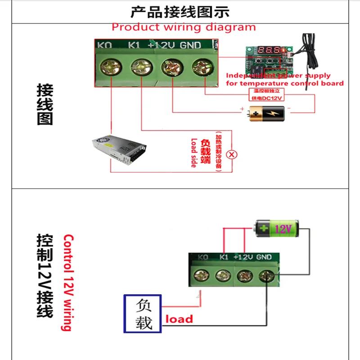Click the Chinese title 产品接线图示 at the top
pos(180,11)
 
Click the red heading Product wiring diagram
pos(184,27)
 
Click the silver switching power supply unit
pos(119,149)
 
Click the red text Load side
pos(194,153)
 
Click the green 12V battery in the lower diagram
pos(275,228)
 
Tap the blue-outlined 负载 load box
pos(143,314)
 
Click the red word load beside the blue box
pos(179,319)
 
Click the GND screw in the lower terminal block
pos(267,275)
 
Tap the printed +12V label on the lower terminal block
pos(244,257)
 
